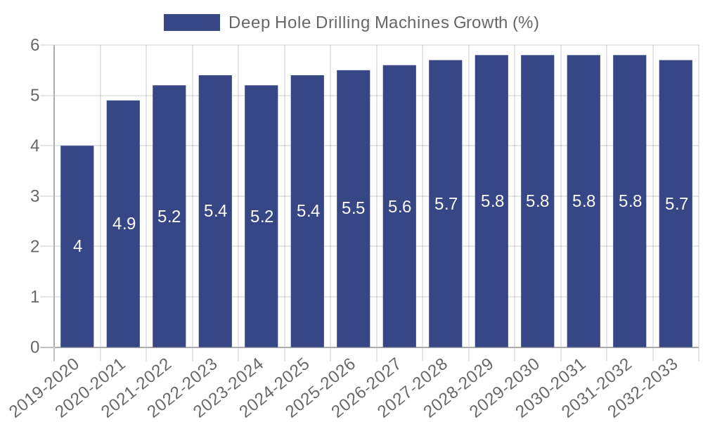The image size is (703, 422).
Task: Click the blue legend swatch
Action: (x=191, y=23)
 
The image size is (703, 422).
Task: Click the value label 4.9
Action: (x=124, y=224)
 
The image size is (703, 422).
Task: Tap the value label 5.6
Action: (x=400, y=207)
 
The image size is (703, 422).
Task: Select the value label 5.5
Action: (x=354, y=208)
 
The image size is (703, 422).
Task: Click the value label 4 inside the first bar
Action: (x=77, y=246)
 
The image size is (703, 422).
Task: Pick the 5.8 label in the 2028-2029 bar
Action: (x=492, y=201)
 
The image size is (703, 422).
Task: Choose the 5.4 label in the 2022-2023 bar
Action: (x=215, y=211)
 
